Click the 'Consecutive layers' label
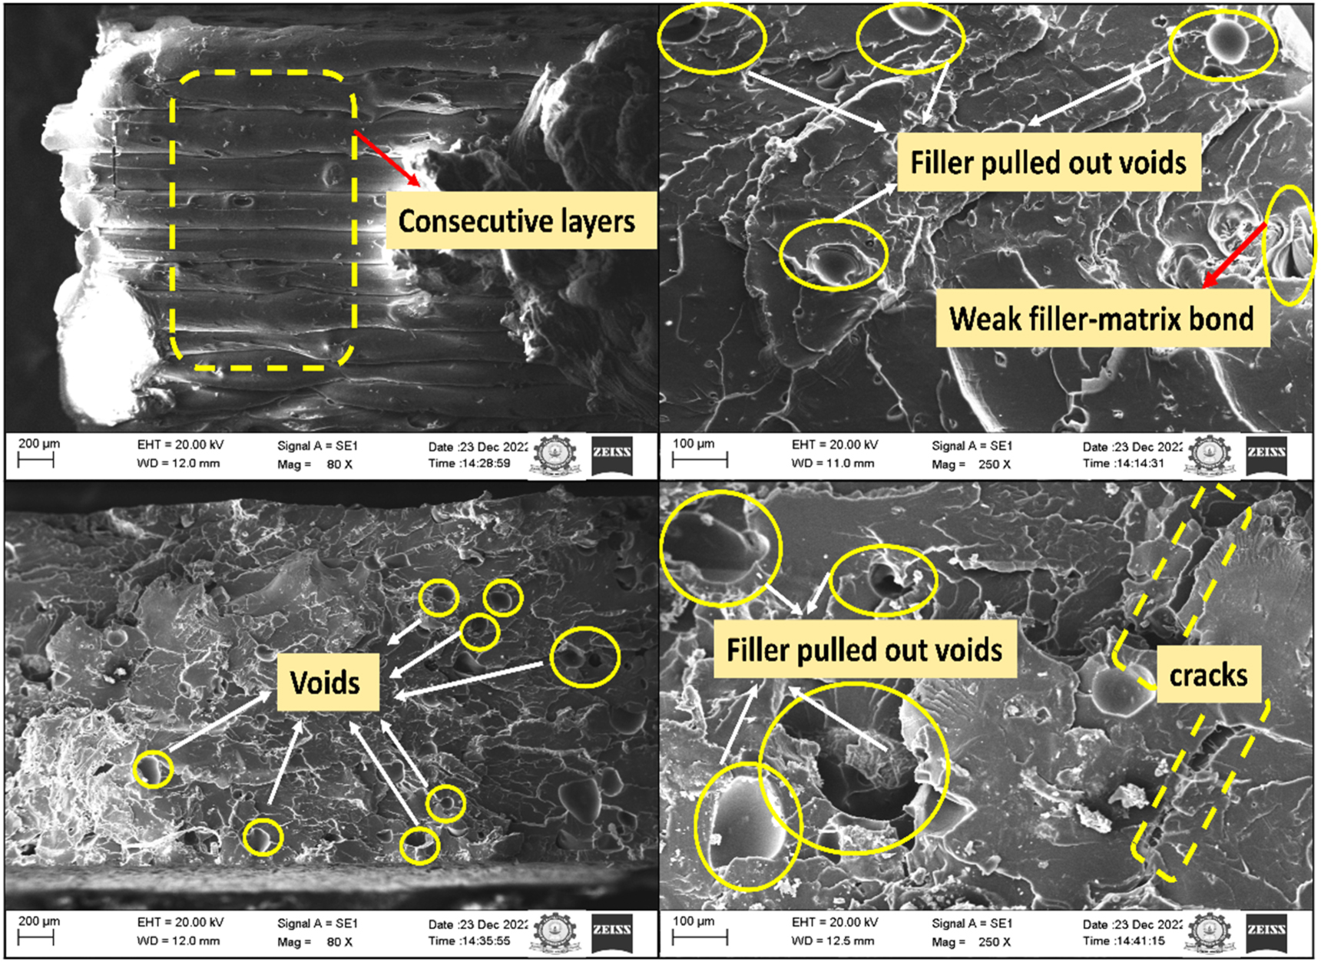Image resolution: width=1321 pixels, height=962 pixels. point(517,221)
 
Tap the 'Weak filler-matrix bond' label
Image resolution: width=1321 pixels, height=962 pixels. point(1101,319)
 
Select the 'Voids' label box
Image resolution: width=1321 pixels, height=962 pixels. point(325,683)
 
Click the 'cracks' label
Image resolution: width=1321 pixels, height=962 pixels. point(1208,675)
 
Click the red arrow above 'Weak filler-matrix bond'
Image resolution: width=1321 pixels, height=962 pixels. point(1234,255)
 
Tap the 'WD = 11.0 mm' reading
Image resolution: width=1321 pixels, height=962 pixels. point(833,464)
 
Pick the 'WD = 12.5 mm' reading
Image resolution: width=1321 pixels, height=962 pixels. point(833,941)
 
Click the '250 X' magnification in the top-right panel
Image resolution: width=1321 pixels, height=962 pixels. point(995,464)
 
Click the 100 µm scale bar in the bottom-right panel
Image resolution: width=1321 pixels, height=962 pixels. point(700,937)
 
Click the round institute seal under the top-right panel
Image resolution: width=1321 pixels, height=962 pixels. point(1208,455)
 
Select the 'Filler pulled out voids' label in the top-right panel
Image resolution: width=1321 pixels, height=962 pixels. point(1048,163)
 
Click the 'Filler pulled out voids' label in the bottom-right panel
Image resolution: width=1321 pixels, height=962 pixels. point(865,650)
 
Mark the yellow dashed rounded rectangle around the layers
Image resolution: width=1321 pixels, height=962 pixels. point(171,223)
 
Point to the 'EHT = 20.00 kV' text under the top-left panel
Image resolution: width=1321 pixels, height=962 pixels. point(180,445)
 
